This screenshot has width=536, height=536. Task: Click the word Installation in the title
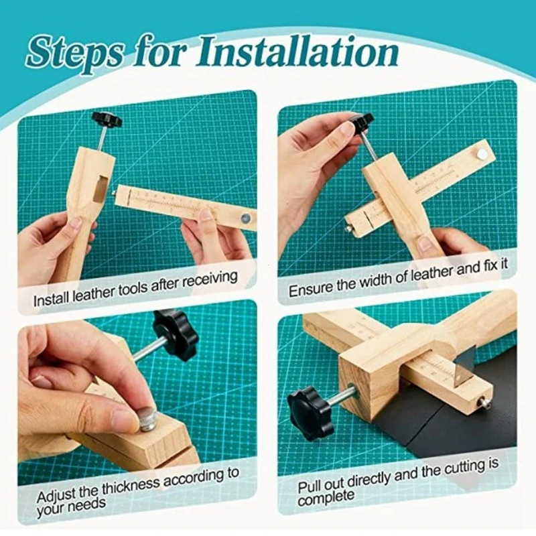click(297, 54)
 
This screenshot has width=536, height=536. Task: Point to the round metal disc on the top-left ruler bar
click(245, 217)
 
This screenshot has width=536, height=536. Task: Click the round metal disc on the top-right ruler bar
click(481, 154)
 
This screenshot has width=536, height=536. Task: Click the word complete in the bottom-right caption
click(326, 498)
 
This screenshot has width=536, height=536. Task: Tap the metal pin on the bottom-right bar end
click(485, 405)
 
